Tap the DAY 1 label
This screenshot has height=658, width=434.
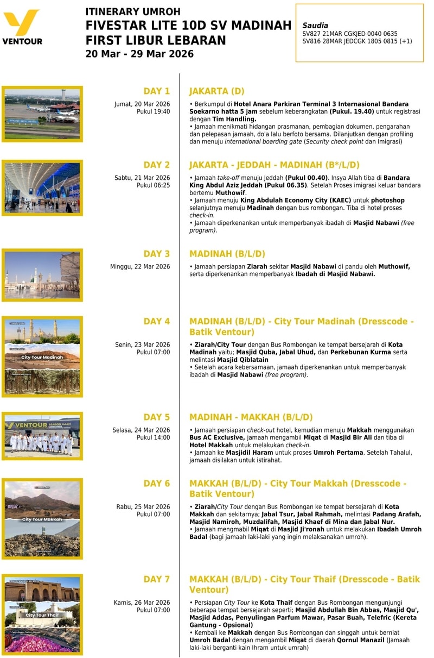pyautogui.click(x=156, y=91)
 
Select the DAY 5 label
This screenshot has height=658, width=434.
pyautogui.click(x=156, y=417)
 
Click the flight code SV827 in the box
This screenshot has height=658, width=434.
pyautogui.click(x=311, y=34)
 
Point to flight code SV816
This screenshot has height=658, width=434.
pyautogui.click(x=311, y=41)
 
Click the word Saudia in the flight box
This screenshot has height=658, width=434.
pyautogui.click(x=315, y=26)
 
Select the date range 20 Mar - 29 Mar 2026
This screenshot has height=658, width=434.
pyautogui.click(x=139, y=54)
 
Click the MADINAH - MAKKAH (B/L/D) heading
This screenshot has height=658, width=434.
pyautogui.click(x=251, y=417)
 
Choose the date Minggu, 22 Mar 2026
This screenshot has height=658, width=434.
pyautogui.click(x=140, y=266)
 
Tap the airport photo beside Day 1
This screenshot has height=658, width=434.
pyautogui.click(x=42, y=114)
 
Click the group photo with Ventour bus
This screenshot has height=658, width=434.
pyautogui.click(x=42, y=436)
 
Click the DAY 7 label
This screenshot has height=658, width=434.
pyautogui.click(x=156, y=579)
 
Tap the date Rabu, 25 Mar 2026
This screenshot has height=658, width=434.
pyautogui.click(x=143, y=507)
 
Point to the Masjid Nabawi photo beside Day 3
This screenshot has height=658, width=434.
pyautogui.click(x=42, y=275)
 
